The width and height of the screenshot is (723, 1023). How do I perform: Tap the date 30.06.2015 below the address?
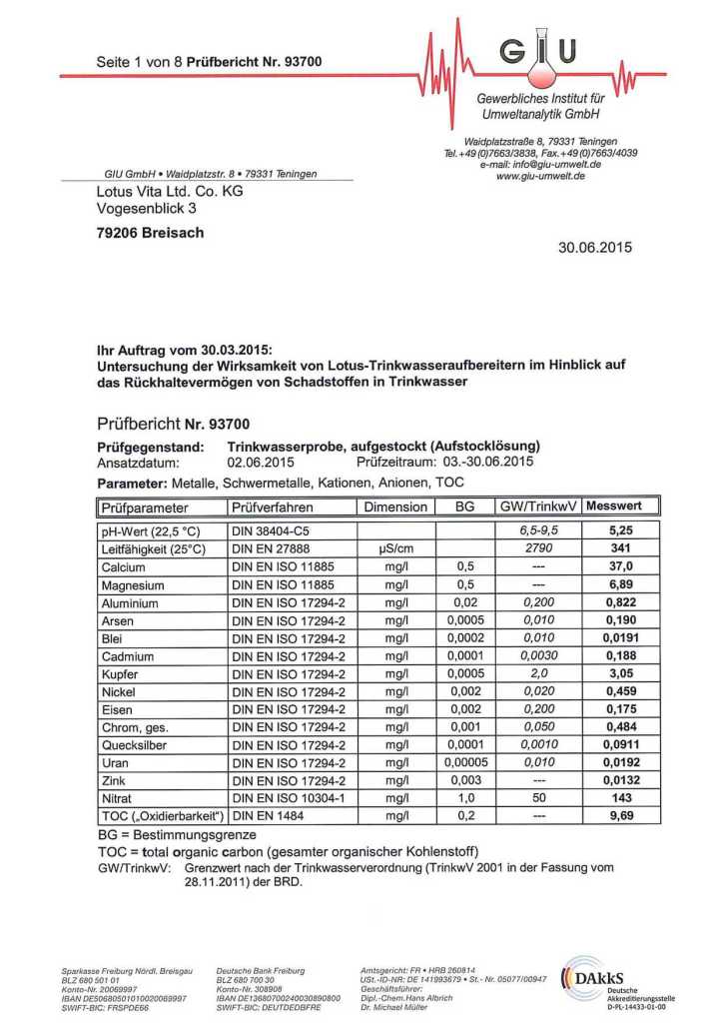pos(595,248)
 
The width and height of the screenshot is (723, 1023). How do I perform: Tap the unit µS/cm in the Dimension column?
pos(395,548)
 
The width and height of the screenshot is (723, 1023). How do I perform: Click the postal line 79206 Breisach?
pos(149,233)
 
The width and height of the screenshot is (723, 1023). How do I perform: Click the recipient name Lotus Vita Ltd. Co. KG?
pos(169,191)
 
